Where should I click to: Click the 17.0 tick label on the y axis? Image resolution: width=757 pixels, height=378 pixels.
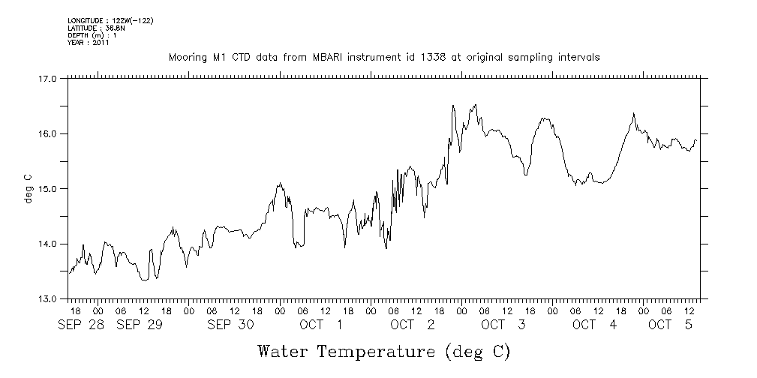coord(47,78)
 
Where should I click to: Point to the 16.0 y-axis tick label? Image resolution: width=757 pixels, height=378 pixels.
coord(47,133)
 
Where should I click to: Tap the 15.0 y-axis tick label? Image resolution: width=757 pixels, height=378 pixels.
coord(47,188)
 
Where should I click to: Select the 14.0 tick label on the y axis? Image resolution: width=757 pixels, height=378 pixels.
coord(47,244)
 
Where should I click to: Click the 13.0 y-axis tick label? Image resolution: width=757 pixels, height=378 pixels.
coord(47,298)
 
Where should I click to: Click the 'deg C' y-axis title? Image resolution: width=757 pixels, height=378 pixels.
coord(28,188)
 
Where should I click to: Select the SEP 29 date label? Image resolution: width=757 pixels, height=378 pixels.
coord(138,325)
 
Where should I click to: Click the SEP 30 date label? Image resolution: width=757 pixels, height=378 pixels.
coord(230,325)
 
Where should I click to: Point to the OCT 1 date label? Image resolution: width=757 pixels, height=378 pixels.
coord(320,325)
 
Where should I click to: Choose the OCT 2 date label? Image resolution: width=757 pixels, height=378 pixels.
coord(412,325)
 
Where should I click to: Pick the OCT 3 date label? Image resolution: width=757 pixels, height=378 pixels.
coord(503,325)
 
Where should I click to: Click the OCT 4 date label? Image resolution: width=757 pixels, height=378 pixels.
coord(594,325)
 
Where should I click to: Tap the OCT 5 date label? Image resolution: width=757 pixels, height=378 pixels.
coord(669,325)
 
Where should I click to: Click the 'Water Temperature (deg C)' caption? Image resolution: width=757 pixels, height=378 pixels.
coord(383,351)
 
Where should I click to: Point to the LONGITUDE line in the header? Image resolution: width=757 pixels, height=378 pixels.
coord(110,20)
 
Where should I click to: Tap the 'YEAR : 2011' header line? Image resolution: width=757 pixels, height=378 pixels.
coord(89,43)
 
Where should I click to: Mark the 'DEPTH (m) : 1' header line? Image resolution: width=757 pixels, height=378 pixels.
coord(92,35)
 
